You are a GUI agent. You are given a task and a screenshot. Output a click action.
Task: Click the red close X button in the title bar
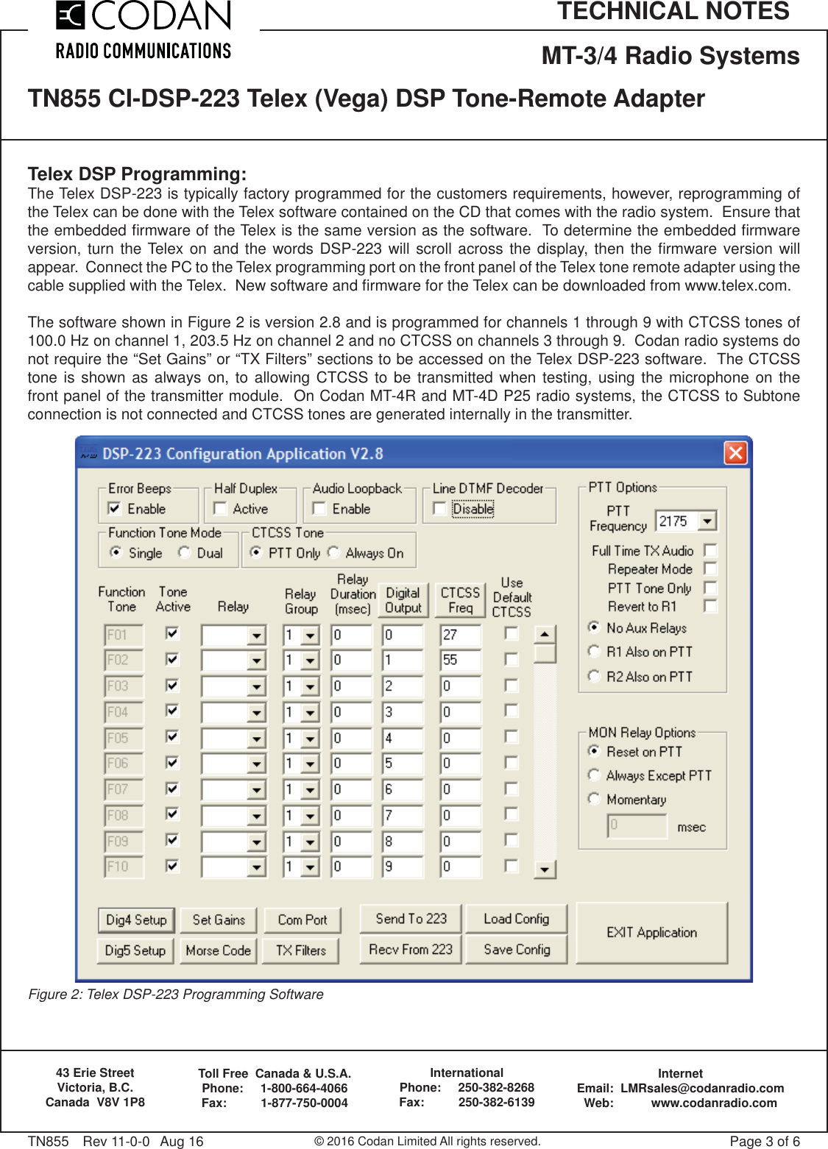tap(735, 452)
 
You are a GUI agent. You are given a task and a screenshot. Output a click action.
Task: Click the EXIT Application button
tap(651, 933)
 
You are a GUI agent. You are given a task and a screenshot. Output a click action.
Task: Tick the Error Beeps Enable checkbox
tap(114, 508)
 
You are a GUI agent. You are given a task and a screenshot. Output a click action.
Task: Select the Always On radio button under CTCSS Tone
tap(333, 552)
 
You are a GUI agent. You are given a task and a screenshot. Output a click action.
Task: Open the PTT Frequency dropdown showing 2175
tap(707, 522)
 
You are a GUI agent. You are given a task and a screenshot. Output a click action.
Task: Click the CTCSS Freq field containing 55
tap(460, 661)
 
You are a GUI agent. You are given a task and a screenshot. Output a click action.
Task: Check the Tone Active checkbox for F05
tap(172, 737)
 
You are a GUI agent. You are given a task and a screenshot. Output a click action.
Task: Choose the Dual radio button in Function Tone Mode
tap(184, 552)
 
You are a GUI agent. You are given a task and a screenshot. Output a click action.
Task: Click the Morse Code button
tap(218, 950)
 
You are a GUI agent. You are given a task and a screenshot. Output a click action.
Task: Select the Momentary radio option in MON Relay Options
tap(594, 799)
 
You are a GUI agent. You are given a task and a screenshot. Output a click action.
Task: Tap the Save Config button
tap(517, 950)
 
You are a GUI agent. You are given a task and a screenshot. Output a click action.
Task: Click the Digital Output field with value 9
tap(402, 867)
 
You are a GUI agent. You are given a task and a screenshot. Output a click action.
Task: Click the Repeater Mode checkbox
tap(710, 569)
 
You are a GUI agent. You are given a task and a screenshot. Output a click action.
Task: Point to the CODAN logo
tap(144, 29)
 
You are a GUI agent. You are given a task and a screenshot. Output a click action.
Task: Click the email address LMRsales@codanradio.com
tap(701, 1088)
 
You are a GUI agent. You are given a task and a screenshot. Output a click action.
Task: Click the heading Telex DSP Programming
tap(137, 174)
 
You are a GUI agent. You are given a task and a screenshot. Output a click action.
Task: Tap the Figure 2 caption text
tap(176, 995)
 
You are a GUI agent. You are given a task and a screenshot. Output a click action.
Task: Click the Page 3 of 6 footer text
tap(764, 1141)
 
